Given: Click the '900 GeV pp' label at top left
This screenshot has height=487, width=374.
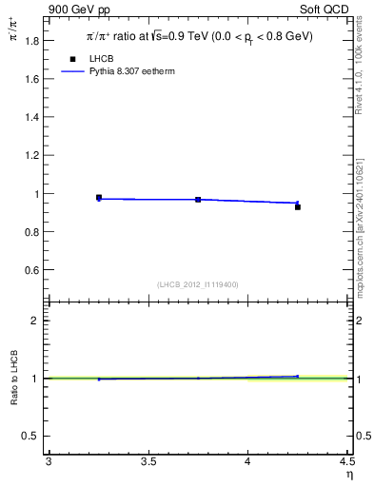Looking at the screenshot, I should [x=80, y=9].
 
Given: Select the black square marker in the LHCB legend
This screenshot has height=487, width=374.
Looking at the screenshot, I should [x=72, y=59].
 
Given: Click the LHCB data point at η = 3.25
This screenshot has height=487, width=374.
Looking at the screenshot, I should [x=99, y=198].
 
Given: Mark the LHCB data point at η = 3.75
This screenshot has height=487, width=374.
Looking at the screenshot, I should [x=198, y=200].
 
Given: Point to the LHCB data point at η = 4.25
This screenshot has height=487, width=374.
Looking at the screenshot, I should [x=298, y=206].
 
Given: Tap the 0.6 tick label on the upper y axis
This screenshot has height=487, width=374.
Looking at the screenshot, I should [x=31, y=270].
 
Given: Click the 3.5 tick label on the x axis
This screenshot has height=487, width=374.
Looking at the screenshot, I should [x=148, y=463].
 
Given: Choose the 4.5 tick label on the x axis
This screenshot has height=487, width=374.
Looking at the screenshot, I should [x=346, y=463].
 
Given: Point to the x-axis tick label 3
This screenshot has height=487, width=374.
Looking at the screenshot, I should [x=49, y=463].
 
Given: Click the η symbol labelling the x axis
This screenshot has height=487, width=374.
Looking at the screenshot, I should [x=348, y=476].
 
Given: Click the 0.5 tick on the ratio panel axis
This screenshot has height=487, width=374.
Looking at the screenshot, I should [x=31, y=437].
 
